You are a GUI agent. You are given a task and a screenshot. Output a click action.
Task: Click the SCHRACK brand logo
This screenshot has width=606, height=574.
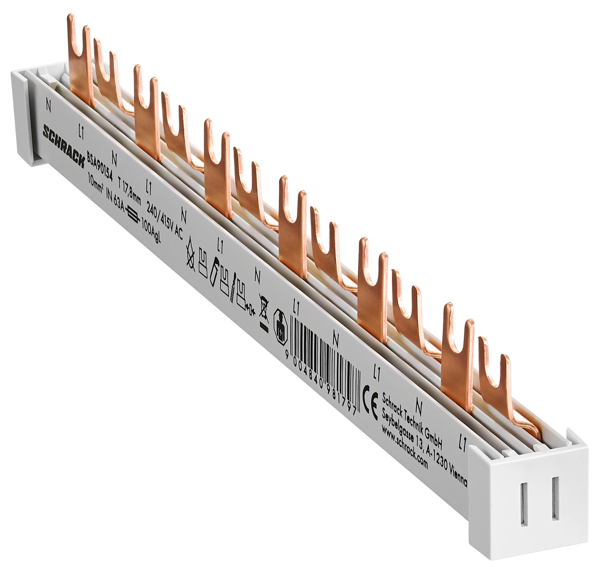pyautogui.click(x=63, y=145)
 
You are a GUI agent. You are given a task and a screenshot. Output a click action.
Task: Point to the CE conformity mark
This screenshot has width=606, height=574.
pyautogui.click(x=370, y=402)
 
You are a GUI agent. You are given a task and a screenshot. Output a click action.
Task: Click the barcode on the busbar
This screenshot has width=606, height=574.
pyautogui.click(x=325, y=357)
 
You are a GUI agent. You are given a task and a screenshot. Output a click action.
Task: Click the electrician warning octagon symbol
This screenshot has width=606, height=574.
pyautogui.click(x=281, y=327)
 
